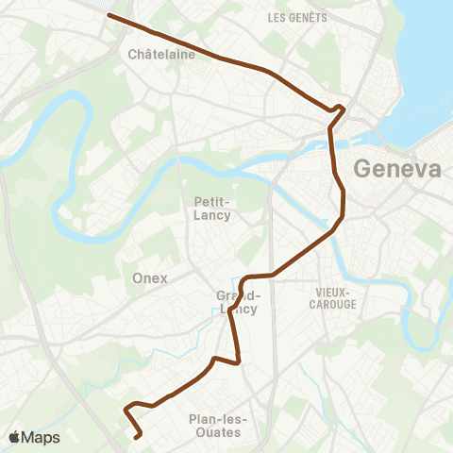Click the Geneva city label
pos(396,170)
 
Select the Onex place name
pos(150,277)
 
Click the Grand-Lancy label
pos(232,301)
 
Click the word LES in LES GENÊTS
pos(277,18)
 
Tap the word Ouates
pos(214,433)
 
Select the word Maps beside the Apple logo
pos(42,437)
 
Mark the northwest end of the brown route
pos(109,15)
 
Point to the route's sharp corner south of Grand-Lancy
pos(238,361)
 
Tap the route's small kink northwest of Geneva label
pos(340,109)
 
